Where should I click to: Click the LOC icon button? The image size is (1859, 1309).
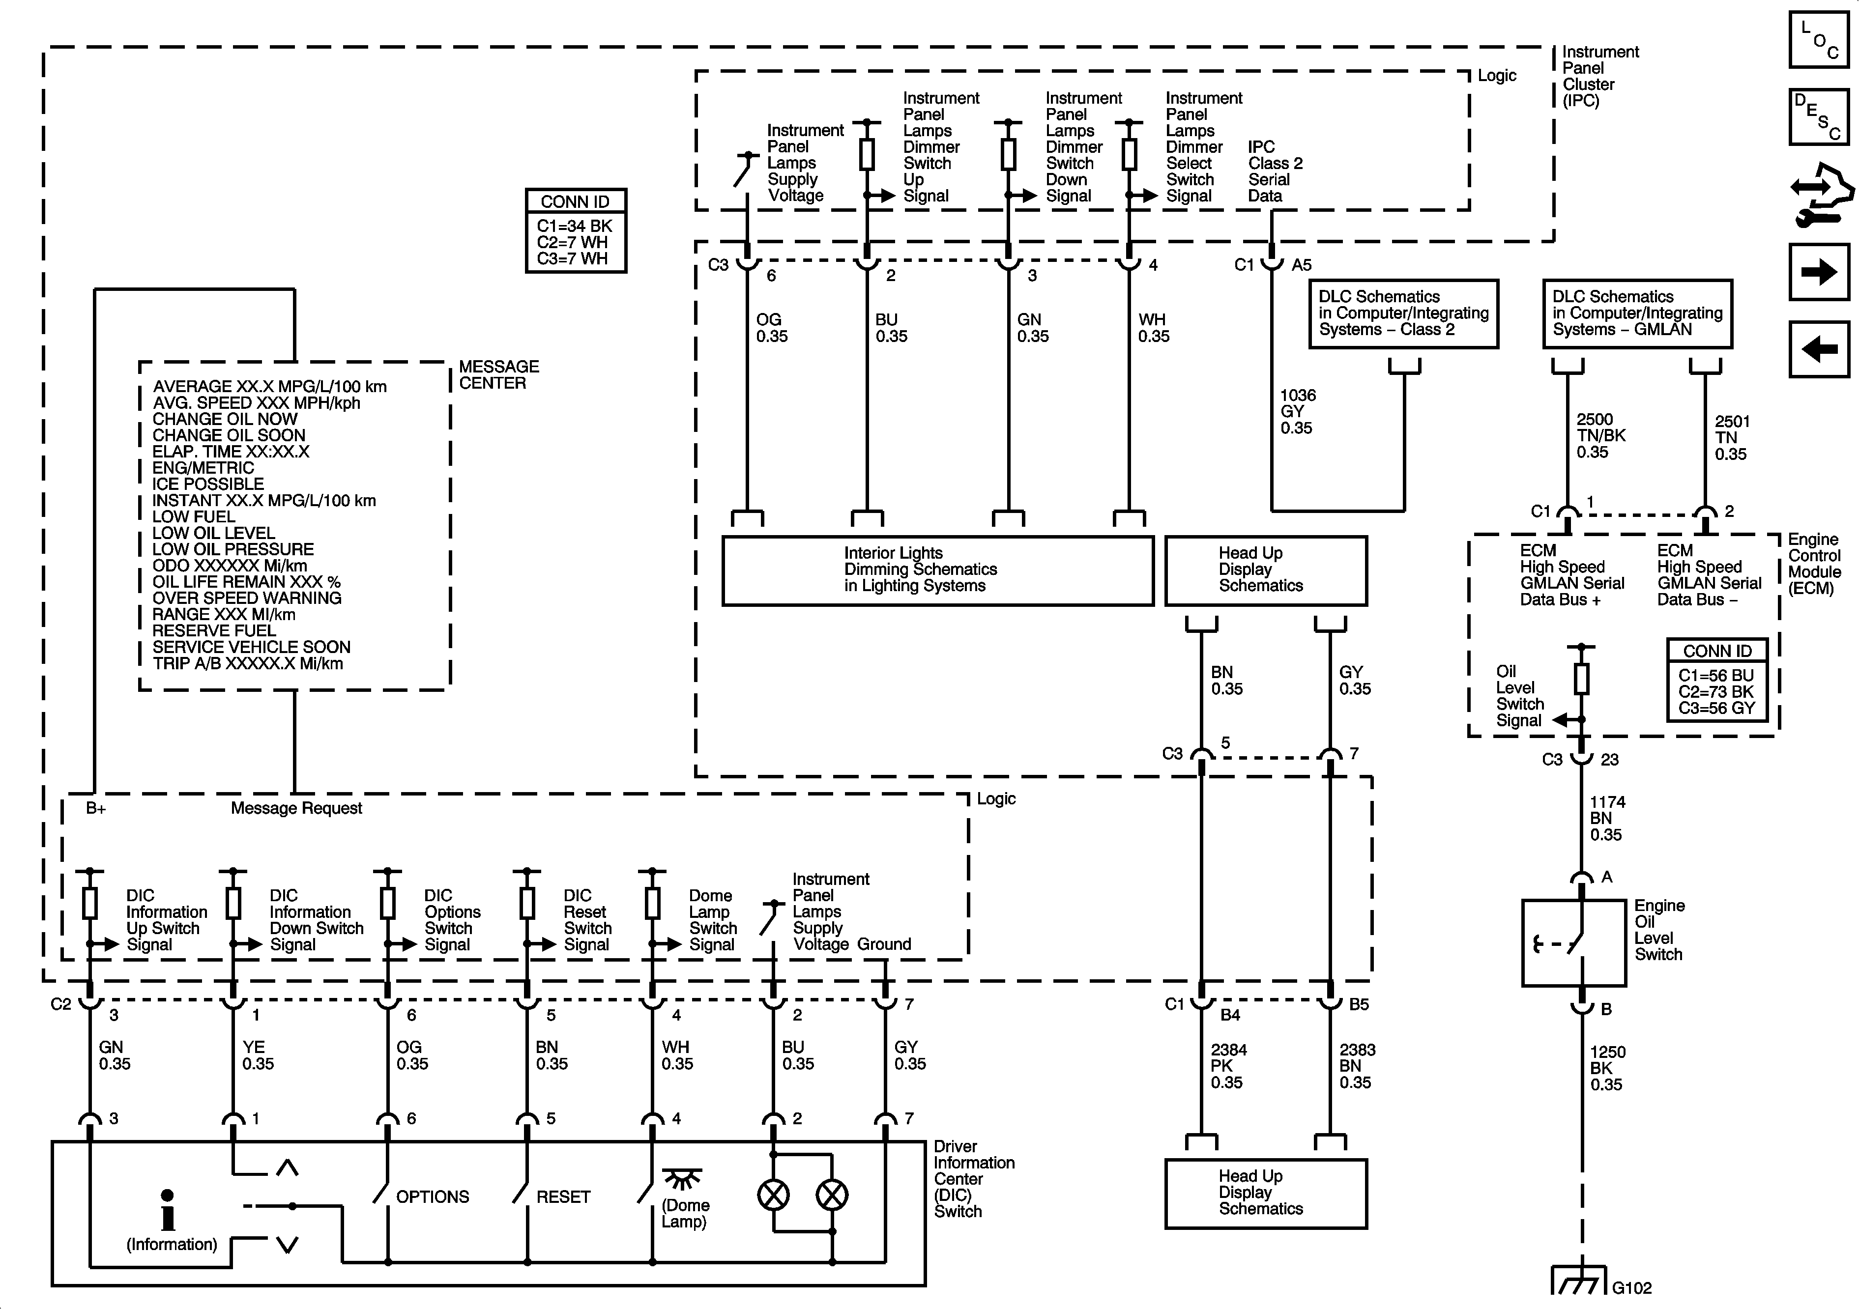(1819, 39)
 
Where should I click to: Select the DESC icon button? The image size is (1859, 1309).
(1819, 116)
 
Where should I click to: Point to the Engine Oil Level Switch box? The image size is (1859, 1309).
(1573, 943)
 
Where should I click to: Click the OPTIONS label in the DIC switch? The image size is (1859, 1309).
(433, 1196)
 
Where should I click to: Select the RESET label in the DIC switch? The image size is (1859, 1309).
(563, 1196)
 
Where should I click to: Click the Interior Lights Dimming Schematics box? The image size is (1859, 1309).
(937, 570)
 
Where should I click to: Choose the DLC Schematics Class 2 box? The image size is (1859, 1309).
(1403, 314)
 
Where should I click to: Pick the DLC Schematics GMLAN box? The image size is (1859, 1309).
(1637, 314)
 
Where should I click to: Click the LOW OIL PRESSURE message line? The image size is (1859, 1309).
(233, 549)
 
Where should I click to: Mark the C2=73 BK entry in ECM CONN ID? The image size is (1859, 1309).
(1715, 691)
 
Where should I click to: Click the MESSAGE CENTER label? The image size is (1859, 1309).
(499, 375)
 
